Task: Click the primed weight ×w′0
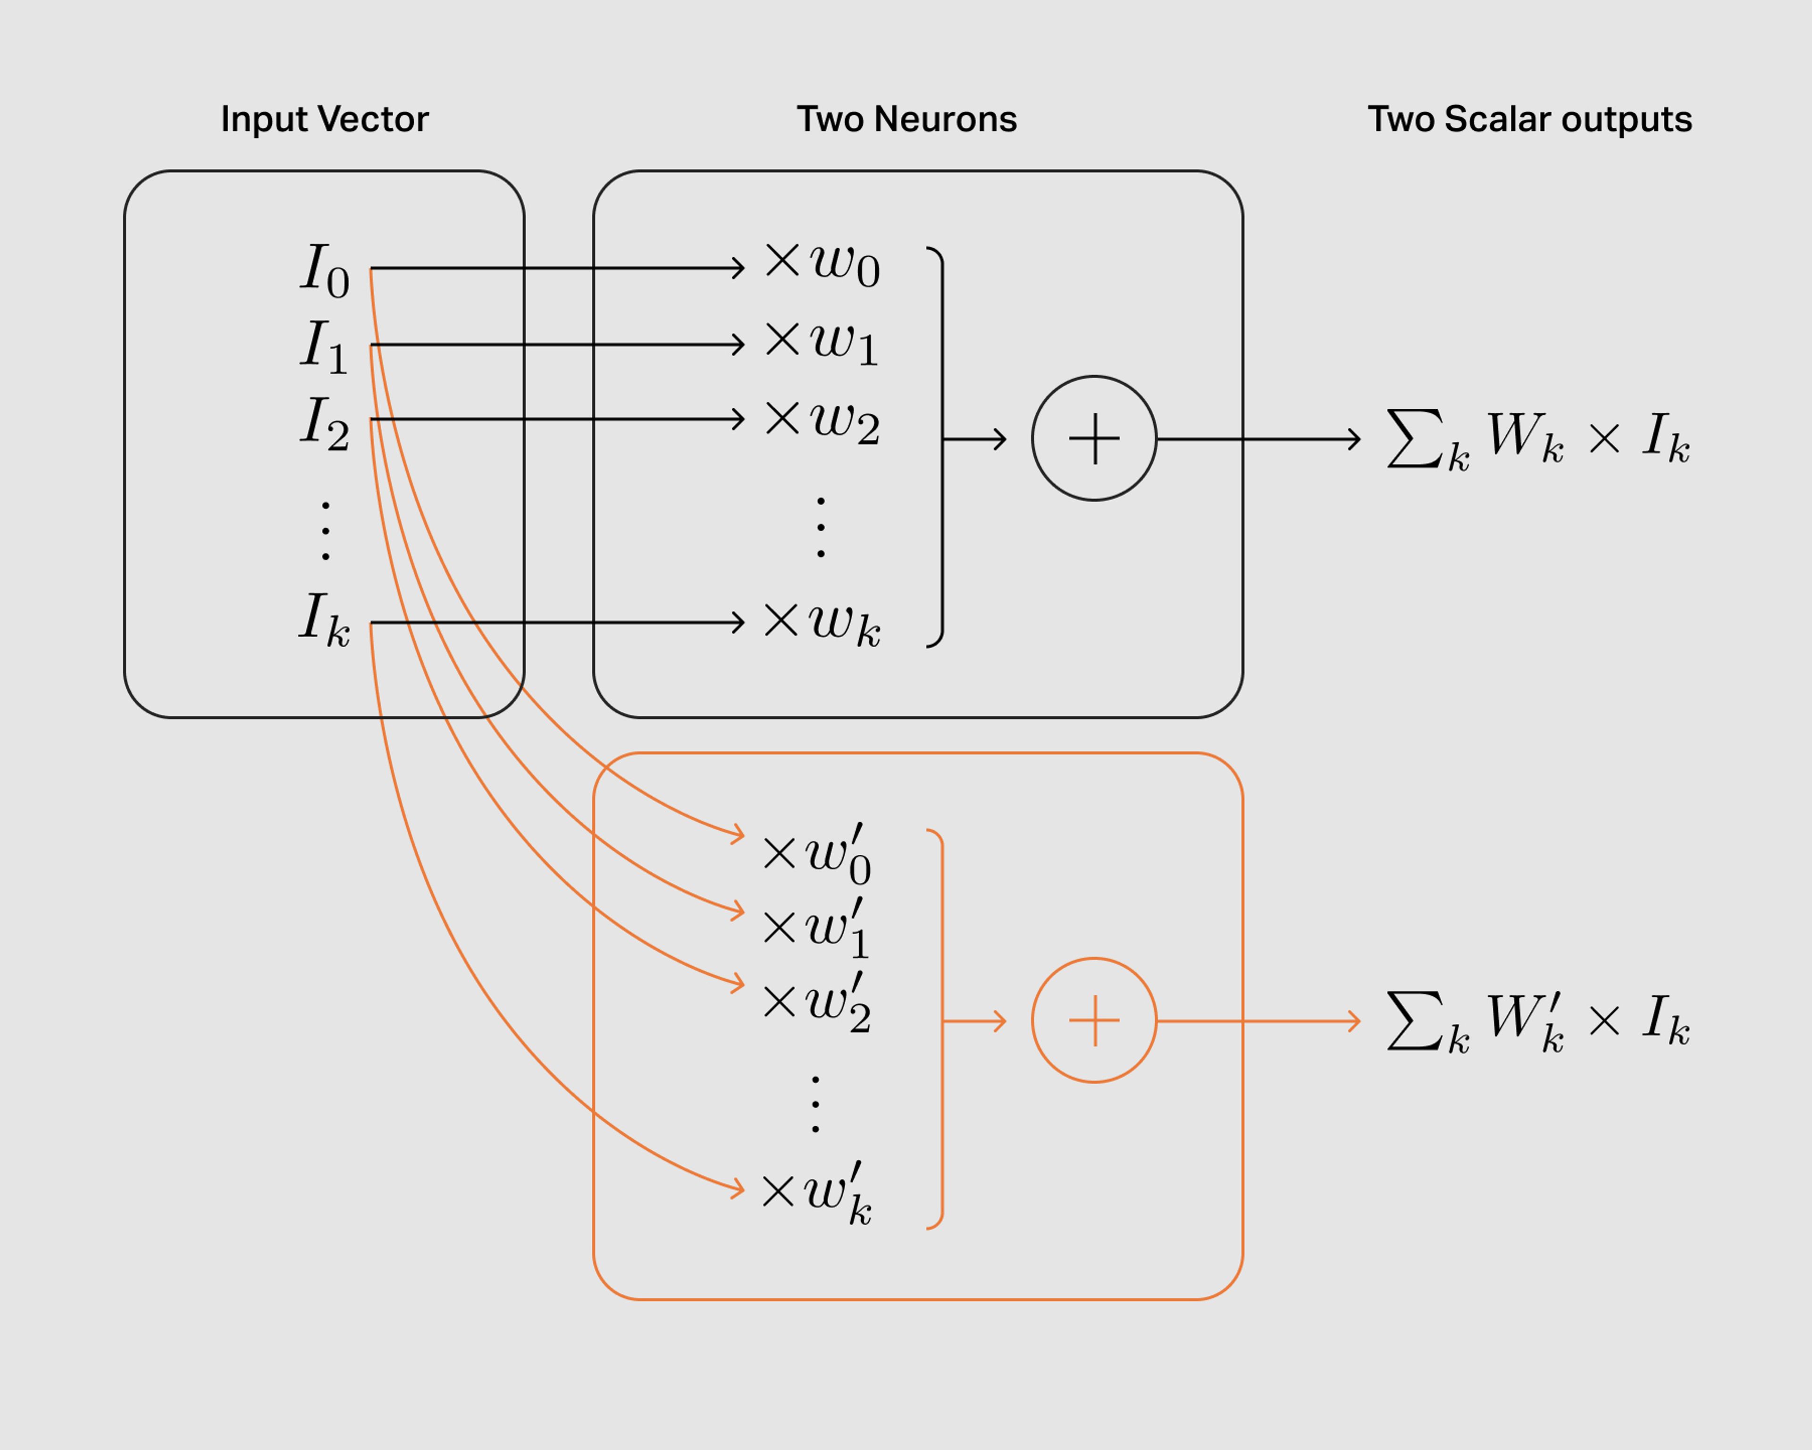[816, 854]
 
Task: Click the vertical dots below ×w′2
[815, 1104]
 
